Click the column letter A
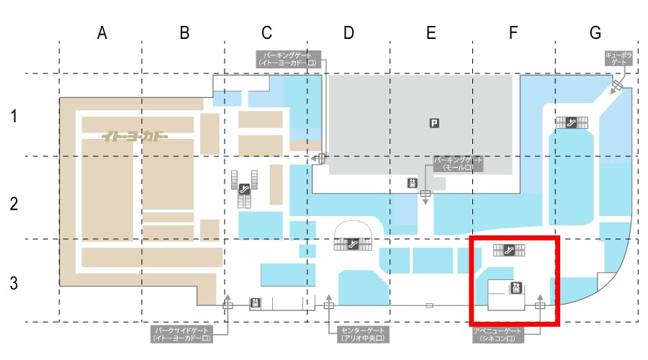tap(102, 32)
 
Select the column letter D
tap(348, 32)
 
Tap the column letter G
tap(595, 32)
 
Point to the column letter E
tap(431, 32)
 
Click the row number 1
tap(14, 115)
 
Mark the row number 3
tap(14, 283)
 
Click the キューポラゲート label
tap(618, 58)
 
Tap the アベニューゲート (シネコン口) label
tap(497, 333)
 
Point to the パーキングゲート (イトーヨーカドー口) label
tap(288, 58)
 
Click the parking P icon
tap(434, 123)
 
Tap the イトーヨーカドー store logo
tap(135, 135)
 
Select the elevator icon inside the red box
tap(516, 289)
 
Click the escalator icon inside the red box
tap(510, 250)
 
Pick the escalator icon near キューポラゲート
tap(572, 122)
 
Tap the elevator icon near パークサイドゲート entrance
tap(254, 304)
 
